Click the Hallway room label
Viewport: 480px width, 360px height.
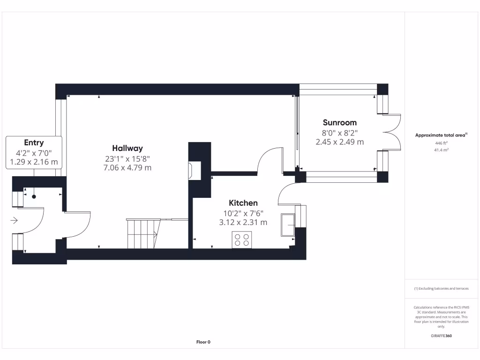(127, 148)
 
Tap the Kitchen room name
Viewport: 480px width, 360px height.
(243, 203)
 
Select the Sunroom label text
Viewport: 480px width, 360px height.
(339, 123)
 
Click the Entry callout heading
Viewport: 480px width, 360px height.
(34, 142)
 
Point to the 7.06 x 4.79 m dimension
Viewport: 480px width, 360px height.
(127, 167)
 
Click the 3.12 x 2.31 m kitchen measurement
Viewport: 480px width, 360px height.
(243, 222)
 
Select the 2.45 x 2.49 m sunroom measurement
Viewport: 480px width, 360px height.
(339, 142)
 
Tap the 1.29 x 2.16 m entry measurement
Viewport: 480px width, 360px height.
(34, 162)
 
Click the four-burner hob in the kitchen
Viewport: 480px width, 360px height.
(242, 240)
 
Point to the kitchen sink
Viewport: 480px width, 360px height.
(288, 225)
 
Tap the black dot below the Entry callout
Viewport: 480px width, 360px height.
(34, 197)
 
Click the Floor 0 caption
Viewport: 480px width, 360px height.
(203, 342)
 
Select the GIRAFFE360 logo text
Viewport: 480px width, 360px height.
(441, 336)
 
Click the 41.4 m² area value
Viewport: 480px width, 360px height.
(441, 150)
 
